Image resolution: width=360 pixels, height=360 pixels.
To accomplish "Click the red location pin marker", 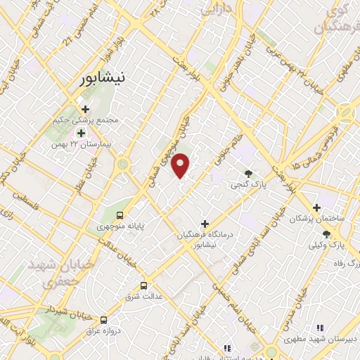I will (181, 165).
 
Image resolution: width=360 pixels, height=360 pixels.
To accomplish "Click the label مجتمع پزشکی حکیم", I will (85, 120).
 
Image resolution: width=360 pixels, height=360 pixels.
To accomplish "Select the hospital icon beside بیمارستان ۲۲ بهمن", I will (81, 133).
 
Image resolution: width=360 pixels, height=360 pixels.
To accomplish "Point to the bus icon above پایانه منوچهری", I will (120, 214).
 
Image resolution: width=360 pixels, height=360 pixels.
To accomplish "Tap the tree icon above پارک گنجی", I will (248, 173).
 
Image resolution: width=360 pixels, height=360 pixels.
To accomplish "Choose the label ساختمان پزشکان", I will (317, 219).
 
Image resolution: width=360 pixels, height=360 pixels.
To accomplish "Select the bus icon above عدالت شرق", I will (144, 285).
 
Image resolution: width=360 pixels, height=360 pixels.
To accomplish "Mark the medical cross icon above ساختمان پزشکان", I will (317, 208).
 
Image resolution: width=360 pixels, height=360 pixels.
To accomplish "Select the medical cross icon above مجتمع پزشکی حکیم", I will (86, 110).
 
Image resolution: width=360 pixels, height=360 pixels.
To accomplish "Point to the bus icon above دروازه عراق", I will (104, 319).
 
